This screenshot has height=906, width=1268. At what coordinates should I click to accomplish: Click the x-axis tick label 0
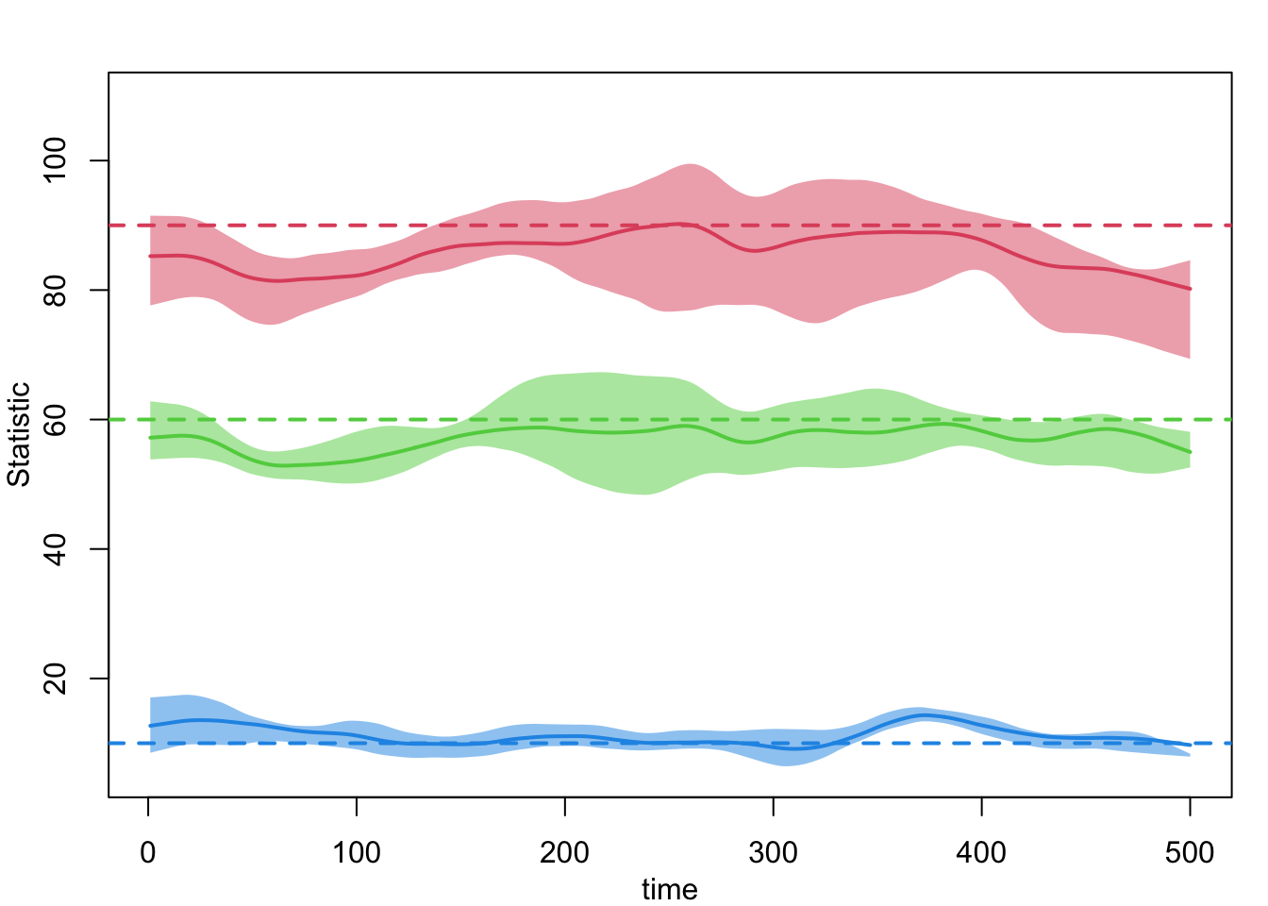[x=148, y=853]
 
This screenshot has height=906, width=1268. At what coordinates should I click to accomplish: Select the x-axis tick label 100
[x=357, y=853]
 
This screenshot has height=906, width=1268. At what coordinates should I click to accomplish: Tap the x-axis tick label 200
[x=564, y=853]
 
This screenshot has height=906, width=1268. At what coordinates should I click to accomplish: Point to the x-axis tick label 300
[x=773, y=853]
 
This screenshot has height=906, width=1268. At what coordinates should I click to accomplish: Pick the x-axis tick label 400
[x=981, y=853]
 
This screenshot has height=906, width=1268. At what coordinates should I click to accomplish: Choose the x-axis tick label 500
[x=1190, y=853]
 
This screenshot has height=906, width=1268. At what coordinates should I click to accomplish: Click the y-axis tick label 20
[x=56, y=679]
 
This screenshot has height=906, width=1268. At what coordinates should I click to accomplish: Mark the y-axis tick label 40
[x=56, y=549]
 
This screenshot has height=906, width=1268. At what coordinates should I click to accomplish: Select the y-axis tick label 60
[x=56, y=419]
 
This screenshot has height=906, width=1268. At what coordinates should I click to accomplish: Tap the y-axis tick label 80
[x=56, y=290]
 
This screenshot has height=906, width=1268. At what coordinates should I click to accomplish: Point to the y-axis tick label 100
[x=56, y=160]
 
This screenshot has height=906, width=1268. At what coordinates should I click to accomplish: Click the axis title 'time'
[x=670, y=889]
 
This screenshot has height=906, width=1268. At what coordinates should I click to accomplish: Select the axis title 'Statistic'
[x=19, y=434]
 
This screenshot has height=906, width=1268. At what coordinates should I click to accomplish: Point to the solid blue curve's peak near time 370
[x=922, y=715]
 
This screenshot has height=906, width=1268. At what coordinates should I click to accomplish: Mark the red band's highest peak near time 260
[x=691, y=165]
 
